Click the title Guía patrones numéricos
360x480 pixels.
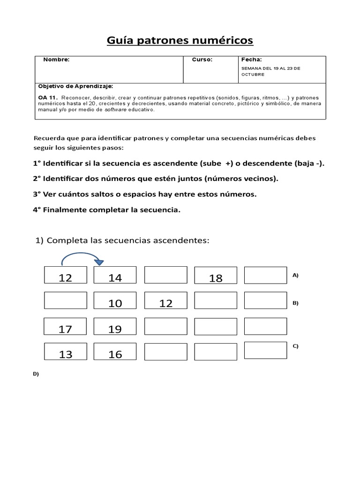(x=180, y=41)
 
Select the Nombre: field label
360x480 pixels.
(x=56, y=60)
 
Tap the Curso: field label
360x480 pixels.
(x=202, y=60)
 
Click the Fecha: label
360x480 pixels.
(x=251, y=60)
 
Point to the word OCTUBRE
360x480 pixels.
(x=253, y=74)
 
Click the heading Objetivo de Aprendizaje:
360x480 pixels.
(x=75, y=86)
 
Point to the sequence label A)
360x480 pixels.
(x=295, y=276)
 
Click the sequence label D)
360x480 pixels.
(x=36, y=374)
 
